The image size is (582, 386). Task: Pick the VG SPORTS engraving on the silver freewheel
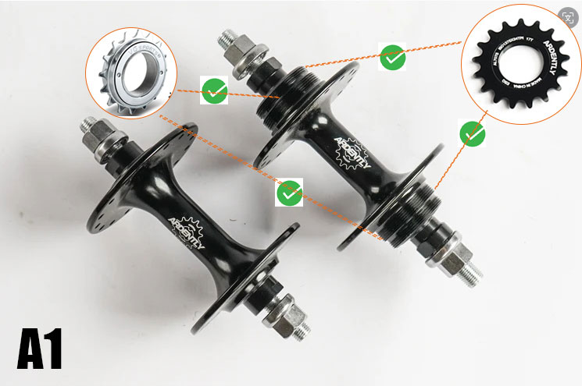tap(145, 52)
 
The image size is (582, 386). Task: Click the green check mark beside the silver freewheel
tap(213, 90)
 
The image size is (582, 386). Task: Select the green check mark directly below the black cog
tap(473, 134)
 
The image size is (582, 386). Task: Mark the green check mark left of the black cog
tap(393, 57)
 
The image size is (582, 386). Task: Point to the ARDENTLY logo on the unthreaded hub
tap(188, 232)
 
